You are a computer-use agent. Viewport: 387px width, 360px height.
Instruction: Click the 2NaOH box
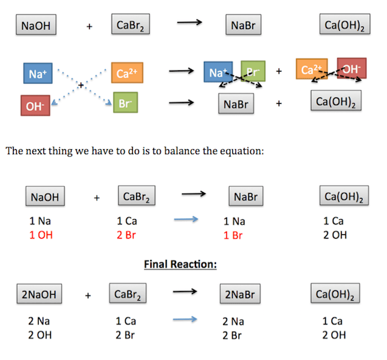39,295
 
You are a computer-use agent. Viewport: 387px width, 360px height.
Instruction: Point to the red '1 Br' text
233,235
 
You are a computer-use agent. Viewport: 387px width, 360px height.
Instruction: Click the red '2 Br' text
126,235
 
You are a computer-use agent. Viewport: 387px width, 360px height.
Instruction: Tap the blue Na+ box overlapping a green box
218,73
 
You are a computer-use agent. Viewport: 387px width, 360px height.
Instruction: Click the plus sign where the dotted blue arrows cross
81,85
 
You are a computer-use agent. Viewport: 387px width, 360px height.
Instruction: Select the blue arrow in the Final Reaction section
186,319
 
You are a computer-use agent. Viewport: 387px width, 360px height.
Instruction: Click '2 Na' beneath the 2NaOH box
38,321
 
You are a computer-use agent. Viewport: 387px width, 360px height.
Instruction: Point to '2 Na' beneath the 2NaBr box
233,321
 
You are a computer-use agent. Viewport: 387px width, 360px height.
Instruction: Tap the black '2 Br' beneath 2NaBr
233,335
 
